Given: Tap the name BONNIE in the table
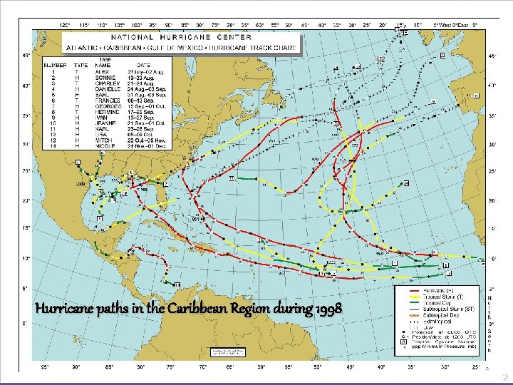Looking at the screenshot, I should click(103, 76).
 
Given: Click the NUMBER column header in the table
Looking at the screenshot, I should click(55, 65).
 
